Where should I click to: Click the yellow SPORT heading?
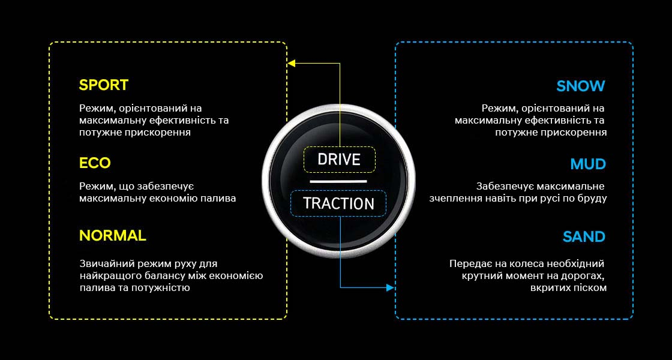click(103, 85)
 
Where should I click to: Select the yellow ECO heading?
click(95, 163)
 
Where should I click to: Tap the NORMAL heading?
click(112, 236)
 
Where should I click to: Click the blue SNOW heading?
click(580, 86)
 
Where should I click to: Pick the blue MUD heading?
click(588, 164)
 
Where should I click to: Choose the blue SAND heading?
click(584, 237)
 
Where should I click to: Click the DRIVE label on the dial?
click(339, 160)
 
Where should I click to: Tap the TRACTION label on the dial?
click(338, 203)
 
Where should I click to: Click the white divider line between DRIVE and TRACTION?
click(338, 181)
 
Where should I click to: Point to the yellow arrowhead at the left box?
click(291, 62)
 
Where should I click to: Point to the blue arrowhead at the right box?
click(391, 288)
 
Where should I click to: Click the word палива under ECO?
click(220, 198)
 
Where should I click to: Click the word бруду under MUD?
click(592, 198)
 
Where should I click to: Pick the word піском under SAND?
click(590, 287)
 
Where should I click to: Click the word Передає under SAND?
click(469, 263)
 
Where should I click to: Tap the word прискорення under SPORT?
click(158, 132)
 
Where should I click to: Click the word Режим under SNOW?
click(497, 108)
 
